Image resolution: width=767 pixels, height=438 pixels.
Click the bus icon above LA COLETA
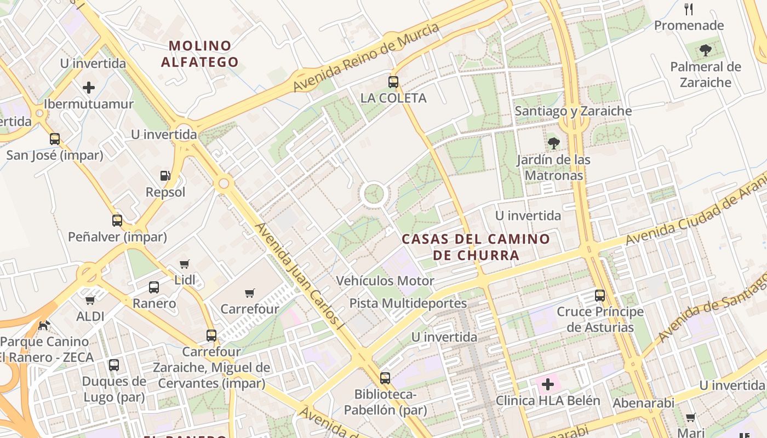click(393, 82)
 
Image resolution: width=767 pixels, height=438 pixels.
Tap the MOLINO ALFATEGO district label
click(200, 54)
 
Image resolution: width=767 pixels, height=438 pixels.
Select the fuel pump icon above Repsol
click(165, 176)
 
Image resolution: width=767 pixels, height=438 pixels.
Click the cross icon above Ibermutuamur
click(89, 88)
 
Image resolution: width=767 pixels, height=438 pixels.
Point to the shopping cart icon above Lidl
click(185, 264)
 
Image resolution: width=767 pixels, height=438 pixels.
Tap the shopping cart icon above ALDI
click(90, 300)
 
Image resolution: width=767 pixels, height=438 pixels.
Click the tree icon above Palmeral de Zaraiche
click(706, 51)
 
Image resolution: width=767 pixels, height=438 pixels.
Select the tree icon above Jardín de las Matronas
click(554, 144)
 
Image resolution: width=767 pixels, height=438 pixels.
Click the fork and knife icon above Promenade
click(689, 9)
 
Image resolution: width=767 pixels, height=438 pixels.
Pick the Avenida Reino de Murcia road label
click(366, 57)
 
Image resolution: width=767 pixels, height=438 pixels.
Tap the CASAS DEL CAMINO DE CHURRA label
click(476, 247)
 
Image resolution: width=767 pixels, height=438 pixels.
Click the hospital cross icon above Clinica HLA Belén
click(548, 384)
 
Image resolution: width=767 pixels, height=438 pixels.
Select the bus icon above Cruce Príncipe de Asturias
click(600, 296)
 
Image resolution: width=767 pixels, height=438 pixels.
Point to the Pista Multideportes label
click(408, 303)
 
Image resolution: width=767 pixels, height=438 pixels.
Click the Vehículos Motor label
click(385, 281)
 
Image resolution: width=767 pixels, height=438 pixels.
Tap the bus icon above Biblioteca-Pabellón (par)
click(385, 378)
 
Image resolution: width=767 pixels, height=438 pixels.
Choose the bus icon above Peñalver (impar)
click(117, 221)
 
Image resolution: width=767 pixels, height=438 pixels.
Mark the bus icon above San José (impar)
click(55, 139)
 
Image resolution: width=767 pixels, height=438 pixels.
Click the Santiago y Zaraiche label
click(573, 111)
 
